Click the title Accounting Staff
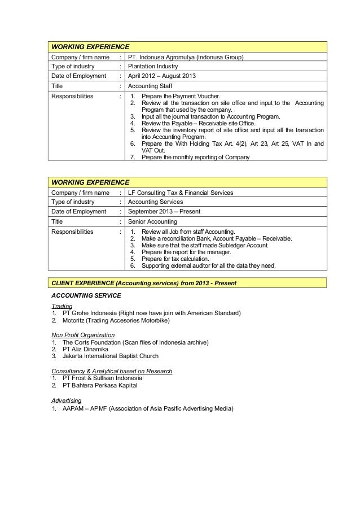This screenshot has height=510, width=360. [153, 86]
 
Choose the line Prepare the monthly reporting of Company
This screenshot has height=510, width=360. [195, 157]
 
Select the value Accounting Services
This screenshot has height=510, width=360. [156, 202]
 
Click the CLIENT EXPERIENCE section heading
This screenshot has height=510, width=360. [144, 282]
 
